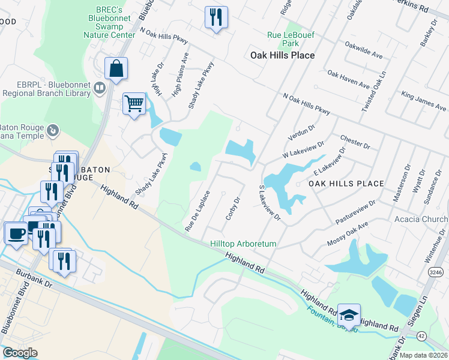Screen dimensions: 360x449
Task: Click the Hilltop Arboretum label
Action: tap(243, 244)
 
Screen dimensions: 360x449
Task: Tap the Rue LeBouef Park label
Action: tap(291, 39)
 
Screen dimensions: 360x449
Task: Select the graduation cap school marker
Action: tap(348, 314)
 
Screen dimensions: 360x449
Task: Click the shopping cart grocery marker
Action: tap(134, 104)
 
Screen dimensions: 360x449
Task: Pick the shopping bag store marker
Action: tap(116, 68)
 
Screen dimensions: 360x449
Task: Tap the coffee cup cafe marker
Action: tap(16, 232)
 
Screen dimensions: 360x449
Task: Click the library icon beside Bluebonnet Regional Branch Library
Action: tap(100, 89)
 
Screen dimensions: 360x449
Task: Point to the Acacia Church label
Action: tap(421, 219)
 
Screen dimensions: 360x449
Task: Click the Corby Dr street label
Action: tap(234, 208)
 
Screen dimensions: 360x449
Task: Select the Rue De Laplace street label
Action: tap(197, 211)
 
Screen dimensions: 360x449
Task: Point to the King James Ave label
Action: tap(424, 101)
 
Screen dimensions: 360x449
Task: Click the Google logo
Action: tap(20, 353)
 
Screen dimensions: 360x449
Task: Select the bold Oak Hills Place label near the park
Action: tap(282, 55)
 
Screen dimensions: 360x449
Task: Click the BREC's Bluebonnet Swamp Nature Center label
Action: tap(110, 23)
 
